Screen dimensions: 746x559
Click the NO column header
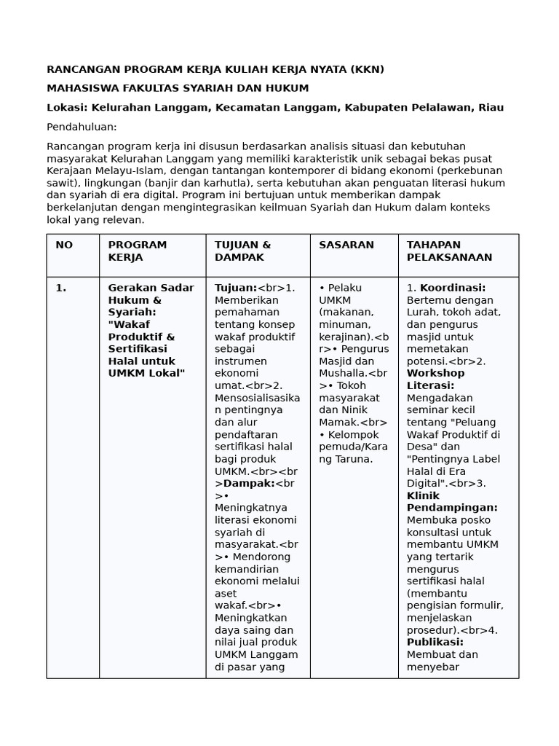click(x=64, y=245)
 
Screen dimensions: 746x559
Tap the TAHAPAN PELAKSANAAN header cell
click(x=449, y=251)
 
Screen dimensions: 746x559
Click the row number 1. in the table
click(x=61, y=288)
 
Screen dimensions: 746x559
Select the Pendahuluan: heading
click(x=82, y=127)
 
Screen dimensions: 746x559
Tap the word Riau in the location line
click(x=491, y=107)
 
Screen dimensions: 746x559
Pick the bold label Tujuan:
click(x=236, y=288)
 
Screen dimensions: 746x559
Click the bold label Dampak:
click(x=248, y=484)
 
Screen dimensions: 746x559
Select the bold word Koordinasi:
click(x=453, y=288)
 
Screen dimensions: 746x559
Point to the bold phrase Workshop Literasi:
click(x=435, y=379)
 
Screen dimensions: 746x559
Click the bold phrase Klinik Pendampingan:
click(x=451, y=501)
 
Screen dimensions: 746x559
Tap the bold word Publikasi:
click(x=435, y=642)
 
